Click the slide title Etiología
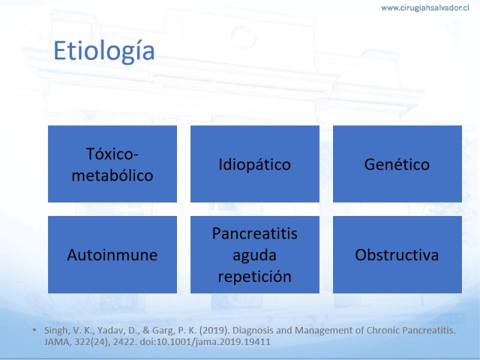[x=104, y=51]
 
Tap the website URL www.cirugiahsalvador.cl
[x=425, y=8]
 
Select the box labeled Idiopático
[x=254, y=164]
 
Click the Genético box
[x=397, y=164]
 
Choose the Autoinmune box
[x=112, y=254]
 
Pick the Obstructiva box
[x=397, y=254]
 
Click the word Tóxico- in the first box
[x=112, y=154]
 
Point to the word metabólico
[x=112, y=175]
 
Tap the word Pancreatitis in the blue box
[x=254, y=233]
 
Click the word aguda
[x=254, y=256]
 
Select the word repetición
[x=254, y=277]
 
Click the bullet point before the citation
[x=34, y=331]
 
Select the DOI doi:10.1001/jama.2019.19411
[x=205, y=342]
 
